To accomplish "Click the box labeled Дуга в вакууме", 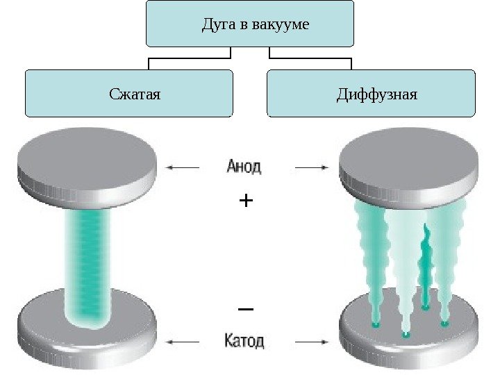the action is pyautogui.click(x=250, y=25).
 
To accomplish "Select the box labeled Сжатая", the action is pyautogui.click(x=129, y=92).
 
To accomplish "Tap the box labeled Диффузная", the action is pyautogui.click(x=371, y=92).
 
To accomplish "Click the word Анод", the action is pyautogui.click(x=244, y=167).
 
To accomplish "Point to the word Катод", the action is pyautogui.click(x=244, y=341).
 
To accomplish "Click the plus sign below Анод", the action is pyautogui.click(x=246, y=201).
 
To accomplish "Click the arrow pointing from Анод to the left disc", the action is pyautogui.click(x=183, y=167).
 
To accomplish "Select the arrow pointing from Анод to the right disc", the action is pyautogui.click(x=311, y=167).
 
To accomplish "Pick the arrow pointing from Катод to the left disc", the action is pyautogui.click(x=183, y=341).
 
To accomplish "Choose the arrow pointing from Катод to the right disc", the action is pyautogui.click(x=311, y=341).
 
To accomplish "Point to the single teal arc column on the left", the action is pyautogui.click(x=87, y=264).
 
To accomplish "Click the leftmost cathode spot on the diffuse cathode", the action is pyautogui.click(x=375, y=324).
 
